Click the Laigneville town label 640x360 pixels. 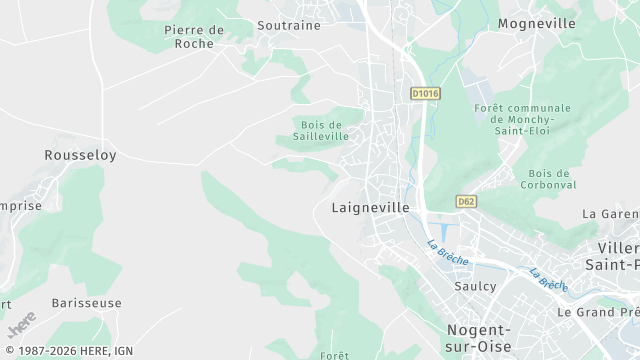[x=370, y=208]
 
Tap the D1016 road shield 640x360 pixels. [x=425, y=93]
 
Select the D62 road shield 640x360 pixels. [x=465, y=201]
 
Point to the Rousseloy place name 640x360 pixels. [x=80, y=155]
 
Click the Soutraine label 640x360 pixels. [x=289, y=25]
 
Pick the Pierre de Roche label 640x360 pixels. [x=194, y=37]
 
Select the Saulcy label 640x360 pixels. [x=475, y=285]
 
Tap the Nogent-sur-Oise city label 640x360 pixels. [x=478, y=338]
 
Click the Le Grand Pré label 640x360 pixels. [x=599, y=312]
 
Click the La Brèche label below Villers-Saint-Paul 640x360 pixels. [x=549, y=279]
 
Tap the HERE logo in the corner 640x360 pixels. [x=21, y=324]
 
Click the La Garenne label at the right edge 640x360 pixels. [x=611, y=214]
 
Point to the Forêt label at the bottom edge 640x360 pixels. [x=334, y=355]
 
